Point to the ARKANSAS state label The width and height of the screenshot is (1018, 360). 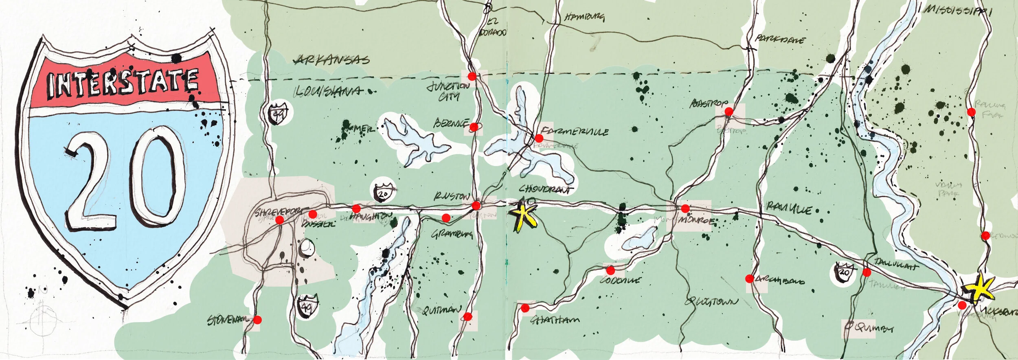pyautogui.click(x=332, y=60)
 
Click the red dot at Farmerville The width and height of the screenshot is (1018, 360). pyautogui.click(x=539, y=138)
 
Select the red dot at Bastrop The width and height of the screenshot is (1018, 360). pyautogui.click(x=729, y=111)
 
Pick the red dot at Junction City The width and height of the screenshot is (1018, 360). pyautogui.click(x=472, y=76)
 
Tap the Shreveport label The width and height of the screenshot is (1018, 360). pyautogui.click(x=279, y=212)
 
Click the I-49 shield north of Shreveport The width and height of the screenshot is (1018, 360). pyautogui.click(x=278, y=113)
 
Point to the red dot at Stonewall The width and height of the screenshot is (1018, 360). pyautogui.click(x=257, y=320)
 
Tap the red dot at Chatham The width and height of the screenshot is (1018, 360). pyautogui.click(x=525, y=307)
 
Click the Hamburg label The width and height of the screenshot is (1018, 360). pyautogui.click(x=584, y=17)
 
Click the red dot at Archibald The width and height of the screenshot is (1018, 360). pyautogui.click(x=749, y=279)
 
